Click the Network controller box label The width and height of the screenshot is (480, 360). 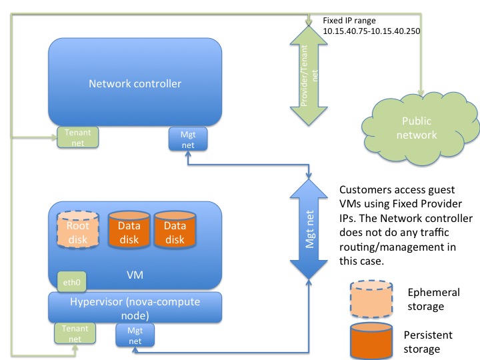point(135,84)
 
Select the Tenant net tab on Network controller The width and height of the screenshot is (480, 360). point(78,119)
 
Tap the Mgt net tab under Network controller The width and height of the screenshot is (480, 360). point(189,120)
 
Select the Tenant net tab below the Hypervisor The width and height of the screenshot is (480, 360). point(75,334)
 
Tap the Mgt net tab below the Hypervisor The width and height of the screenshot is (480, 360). point(135,335)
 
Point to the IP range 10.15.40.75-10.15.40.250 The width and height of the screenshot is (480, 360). point(371,31)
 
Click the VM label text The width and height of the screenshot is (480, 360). point(135,274)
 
